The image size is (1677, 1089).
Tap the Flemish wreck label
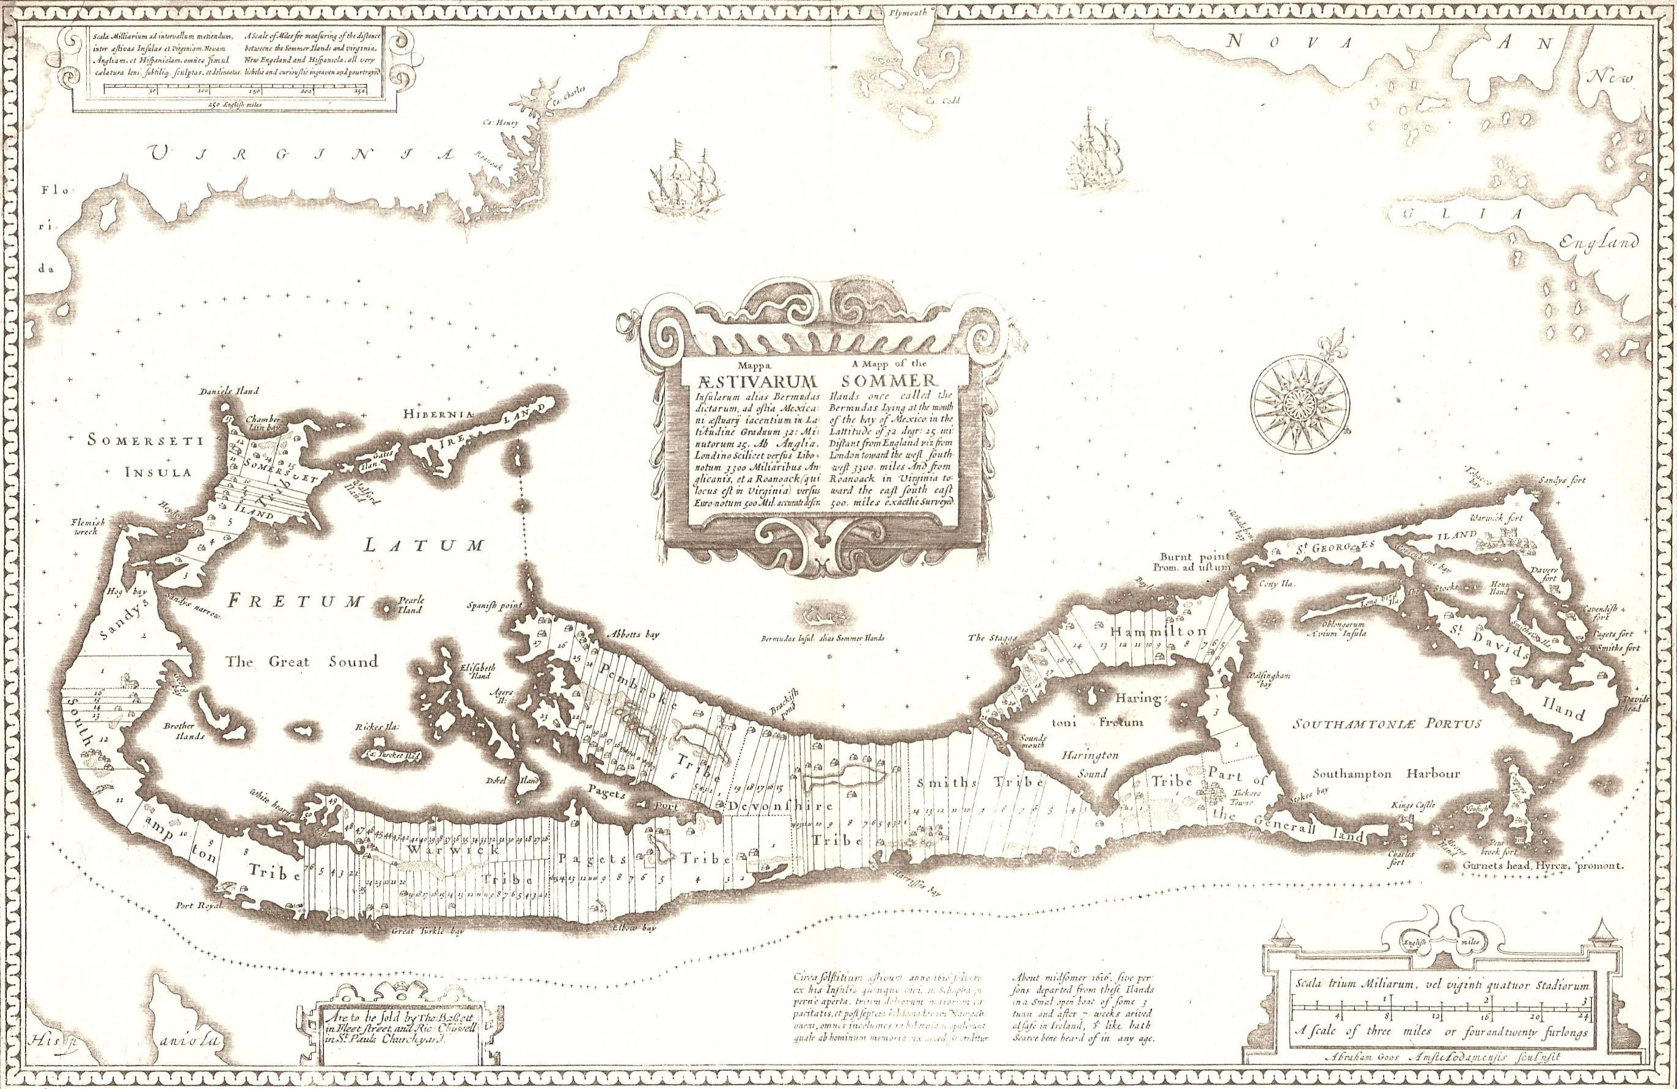point(87,527)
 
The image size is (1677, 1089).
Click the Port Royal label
point(197,906)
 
